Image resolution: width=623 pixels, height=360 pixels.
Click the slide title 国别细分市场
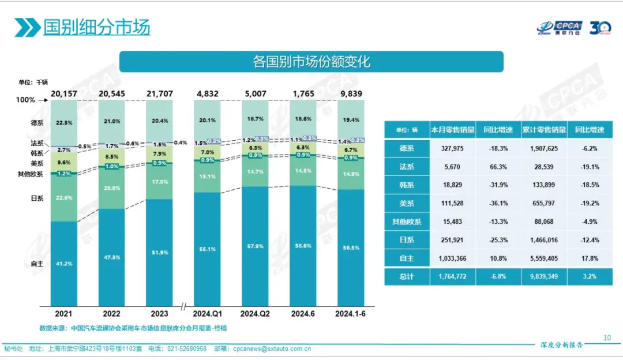[x=96, y=27]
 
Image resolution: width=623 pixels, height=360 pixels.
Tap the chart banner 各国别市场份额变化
[x=311, y=62]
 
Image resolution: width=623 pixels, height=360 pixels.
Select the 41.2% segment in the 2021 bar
[x=64, y=263]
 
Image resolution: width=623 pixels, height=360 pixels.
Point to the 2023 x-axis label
[x=159, y=314]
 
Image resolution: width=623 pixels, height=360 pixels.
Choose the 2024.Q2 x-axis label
[x=256, y=314]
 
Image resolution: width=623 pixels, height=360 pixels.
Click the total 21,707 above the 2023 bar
[x=159, y=93]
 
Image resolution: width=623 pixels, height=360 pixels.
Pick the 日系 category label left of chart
[x=37, y=198]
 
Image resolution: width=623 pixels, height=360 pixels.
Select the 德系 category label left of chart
[x=37, y=122]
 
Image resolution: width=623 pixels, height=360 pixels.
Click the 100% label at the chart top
[x=25, y=100]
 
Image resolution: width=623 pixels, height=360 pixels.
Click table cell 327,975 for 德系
[x=452, y=148]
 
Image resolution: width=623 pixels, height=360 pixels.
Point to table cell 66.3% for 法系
[x=498, y=167]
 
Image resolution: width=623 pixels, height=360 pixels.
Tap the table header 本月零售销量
[x=452, y=130]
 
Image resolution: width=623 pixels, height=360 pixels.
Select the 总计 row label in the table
[x=407, y=277]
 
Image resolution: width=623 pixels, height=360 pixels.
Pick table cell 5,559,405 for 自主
[x=544, y=258]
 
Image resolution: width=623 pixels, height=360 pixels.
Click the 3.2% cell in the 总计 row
[x=590, y=277]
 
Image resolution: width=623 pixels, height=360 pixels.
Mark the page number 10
[x=606, y=338]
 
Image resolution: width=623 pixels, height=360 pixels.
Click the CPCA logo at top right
[x=559, y=27]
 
